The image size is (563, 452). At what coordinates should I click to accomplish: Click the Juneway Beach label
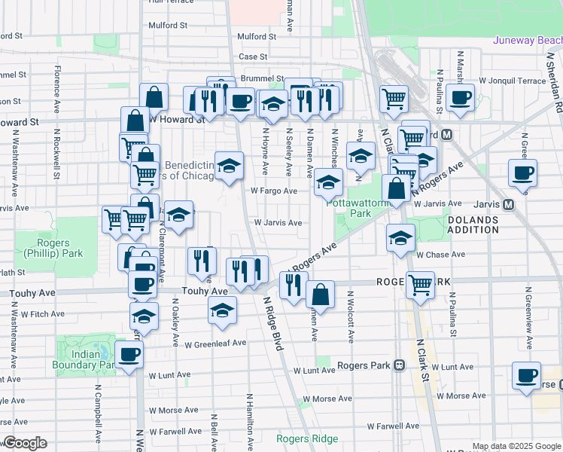[x=527, y=40]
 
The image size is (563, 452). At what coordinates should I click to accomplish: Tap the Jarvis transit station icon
[x=509, y=204]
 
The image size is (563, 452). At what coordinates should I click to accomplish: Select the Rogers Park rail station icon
[x=400, y=365]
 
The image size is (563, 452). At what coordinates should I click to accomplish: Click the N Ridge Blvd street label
[x=272, y=322]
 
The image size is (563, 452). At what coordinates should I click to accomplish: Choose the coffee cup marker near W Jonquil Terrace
[x=460, y=96]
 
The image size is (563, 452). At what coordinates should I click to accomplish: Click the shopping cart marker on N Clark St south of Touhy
[x=420, y=285]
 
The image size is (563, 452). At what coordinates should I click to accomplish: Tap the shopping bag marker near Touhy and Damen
[x=321, y=294]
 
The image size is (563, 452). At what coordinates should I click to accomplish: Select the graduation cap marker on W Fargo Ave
[x=328, y=182]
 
